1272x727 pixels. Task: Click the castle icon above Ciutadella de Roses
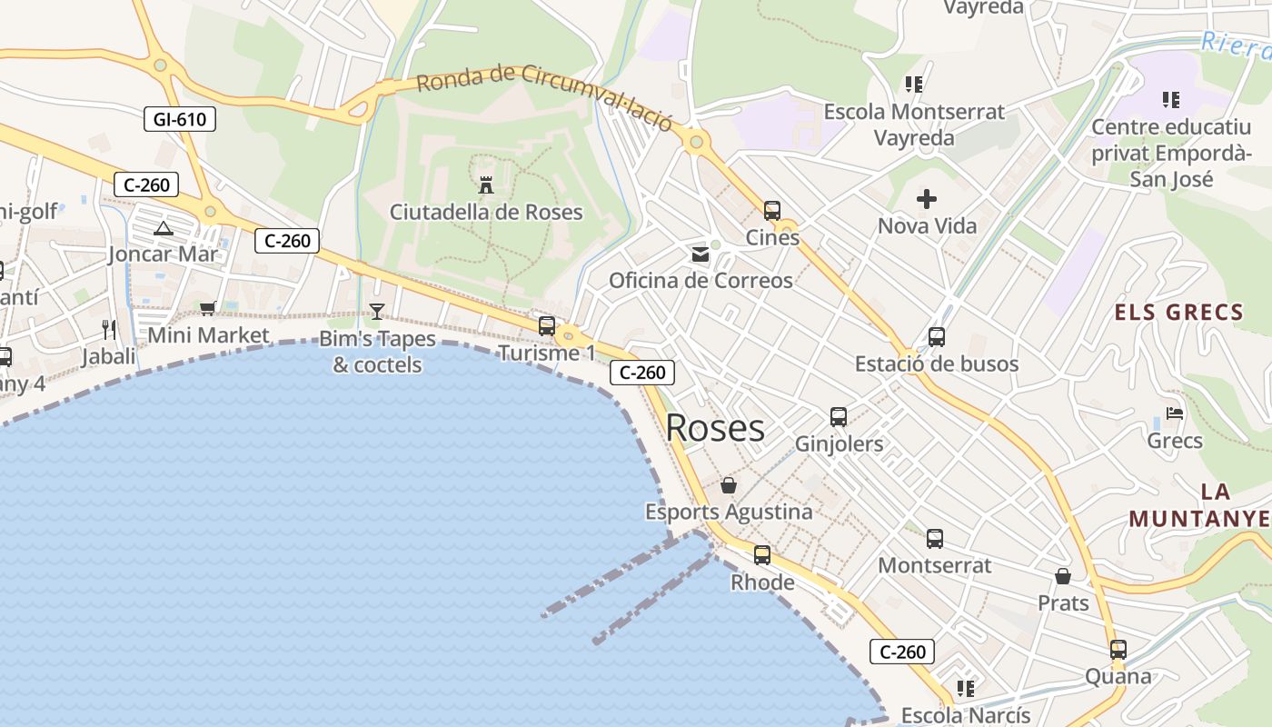pos(486,184)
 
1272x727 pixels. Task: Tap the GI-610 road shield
pos(179,119)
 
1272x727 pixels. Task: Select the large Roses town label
pos(715,427)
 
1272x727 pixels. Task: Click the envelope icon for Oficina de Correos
pos(701,254)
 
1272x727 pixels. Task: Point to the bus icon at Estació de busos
pos(937,337)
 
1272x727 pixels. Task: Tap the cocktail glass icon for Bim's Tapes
pos(377,312)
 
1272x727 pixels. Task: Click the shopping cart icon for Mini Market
pos(208,309)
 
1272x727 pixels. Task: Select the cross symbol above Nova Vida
pos(927,198)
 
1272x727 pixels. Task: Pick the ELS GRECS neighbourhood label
pos(1178,314)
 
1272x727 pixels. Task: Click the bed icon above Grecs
pos(1175,413)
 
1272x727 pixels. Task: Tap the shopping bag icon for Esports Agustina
pos(728,485)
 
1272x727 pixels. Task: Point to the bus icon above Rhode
pos(761,554)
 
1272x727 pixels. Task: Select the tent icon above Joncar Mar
pos(164,227)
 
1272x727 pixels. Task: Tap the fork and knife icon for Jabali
pos(109,329)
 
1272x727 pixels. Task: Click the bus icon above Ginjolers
pos(838,417)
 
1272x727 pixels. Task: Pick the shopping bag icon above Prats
pos(1062,576)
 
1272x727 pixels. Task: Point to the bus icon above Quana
pos(1118,650)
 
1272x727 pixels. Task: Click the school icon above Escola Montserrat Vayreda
pos(914,85)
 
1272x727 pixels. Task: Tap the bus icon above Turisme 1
pos(547,325)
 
